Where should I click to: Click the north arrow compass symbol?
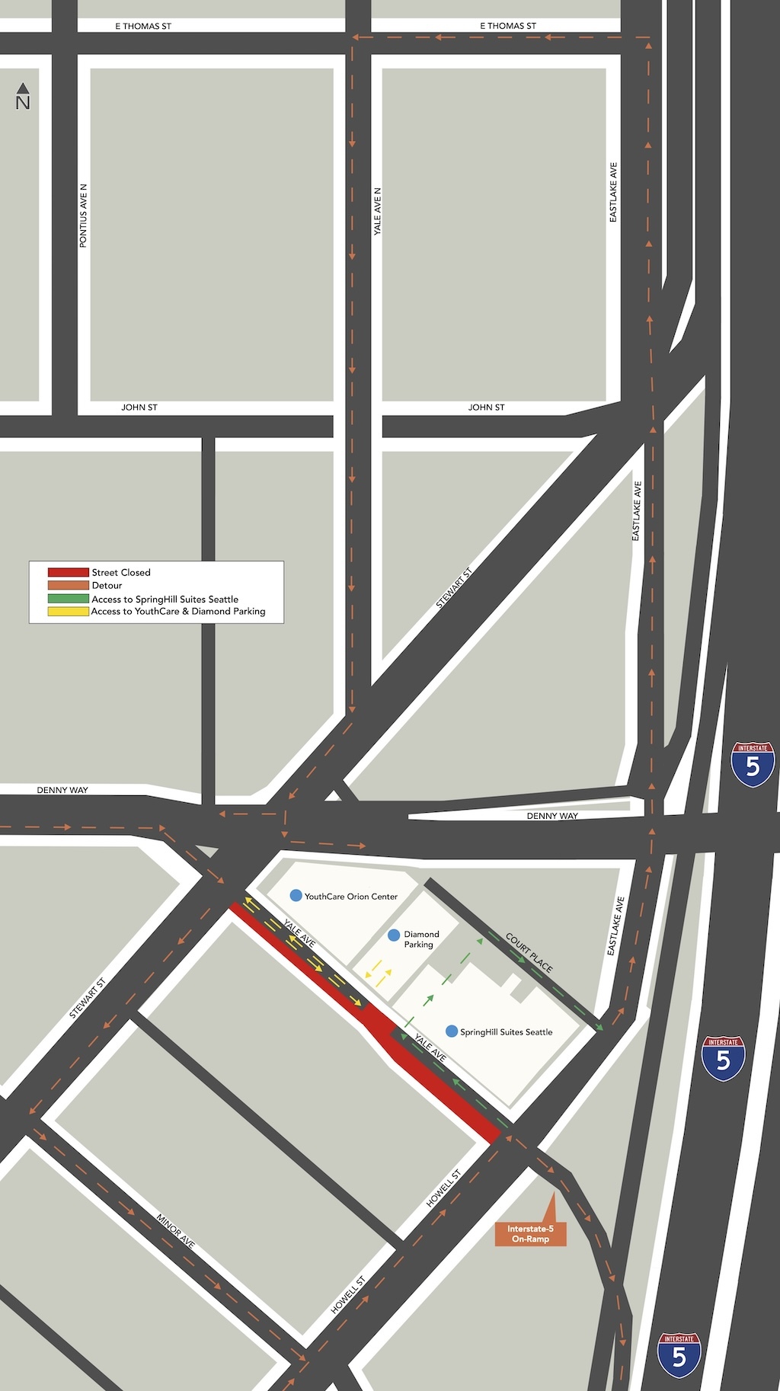tap(23, 96)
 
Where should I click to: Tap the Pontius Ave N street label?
tap(84, 216)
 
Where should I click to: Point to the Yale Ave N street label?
tap(377, 211)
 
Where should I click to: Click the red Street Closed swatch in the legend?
tap(68, 572)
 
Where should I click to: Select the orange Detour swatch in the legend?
tap(68, 585)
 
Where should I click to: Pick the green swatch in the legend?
tap(68, 599)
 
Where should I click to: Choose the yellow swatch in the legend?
tap(68, 611)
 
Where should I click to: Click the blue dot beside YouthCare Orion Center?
tap(296, 896)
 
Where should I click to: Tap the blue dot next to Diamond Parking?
tap(394, 935)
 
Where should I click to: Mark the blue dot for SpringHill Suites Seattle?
tap(452, 1031)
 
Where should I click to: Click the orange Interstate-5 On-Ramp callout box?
tap(530, 1233)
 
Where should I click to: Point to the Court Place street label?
tap(529, 952)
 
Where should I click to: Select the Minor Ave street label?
tap(176, 1231)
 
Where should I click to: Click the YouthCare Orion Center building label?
tap(351, 897)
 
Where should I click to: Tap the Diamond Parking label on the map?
tap(420, 939)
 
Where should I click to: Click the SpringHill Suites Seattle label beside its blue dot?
tap(507, 1032)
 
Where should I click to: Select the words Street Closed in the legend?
tap(121, 572)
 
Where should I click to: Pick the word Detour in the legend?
tap(107, 585)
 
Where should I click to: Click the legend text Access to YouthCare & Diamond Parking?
tap(178, 611)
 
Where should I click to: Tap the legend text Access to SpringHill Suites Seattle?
tap(165, 599)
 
